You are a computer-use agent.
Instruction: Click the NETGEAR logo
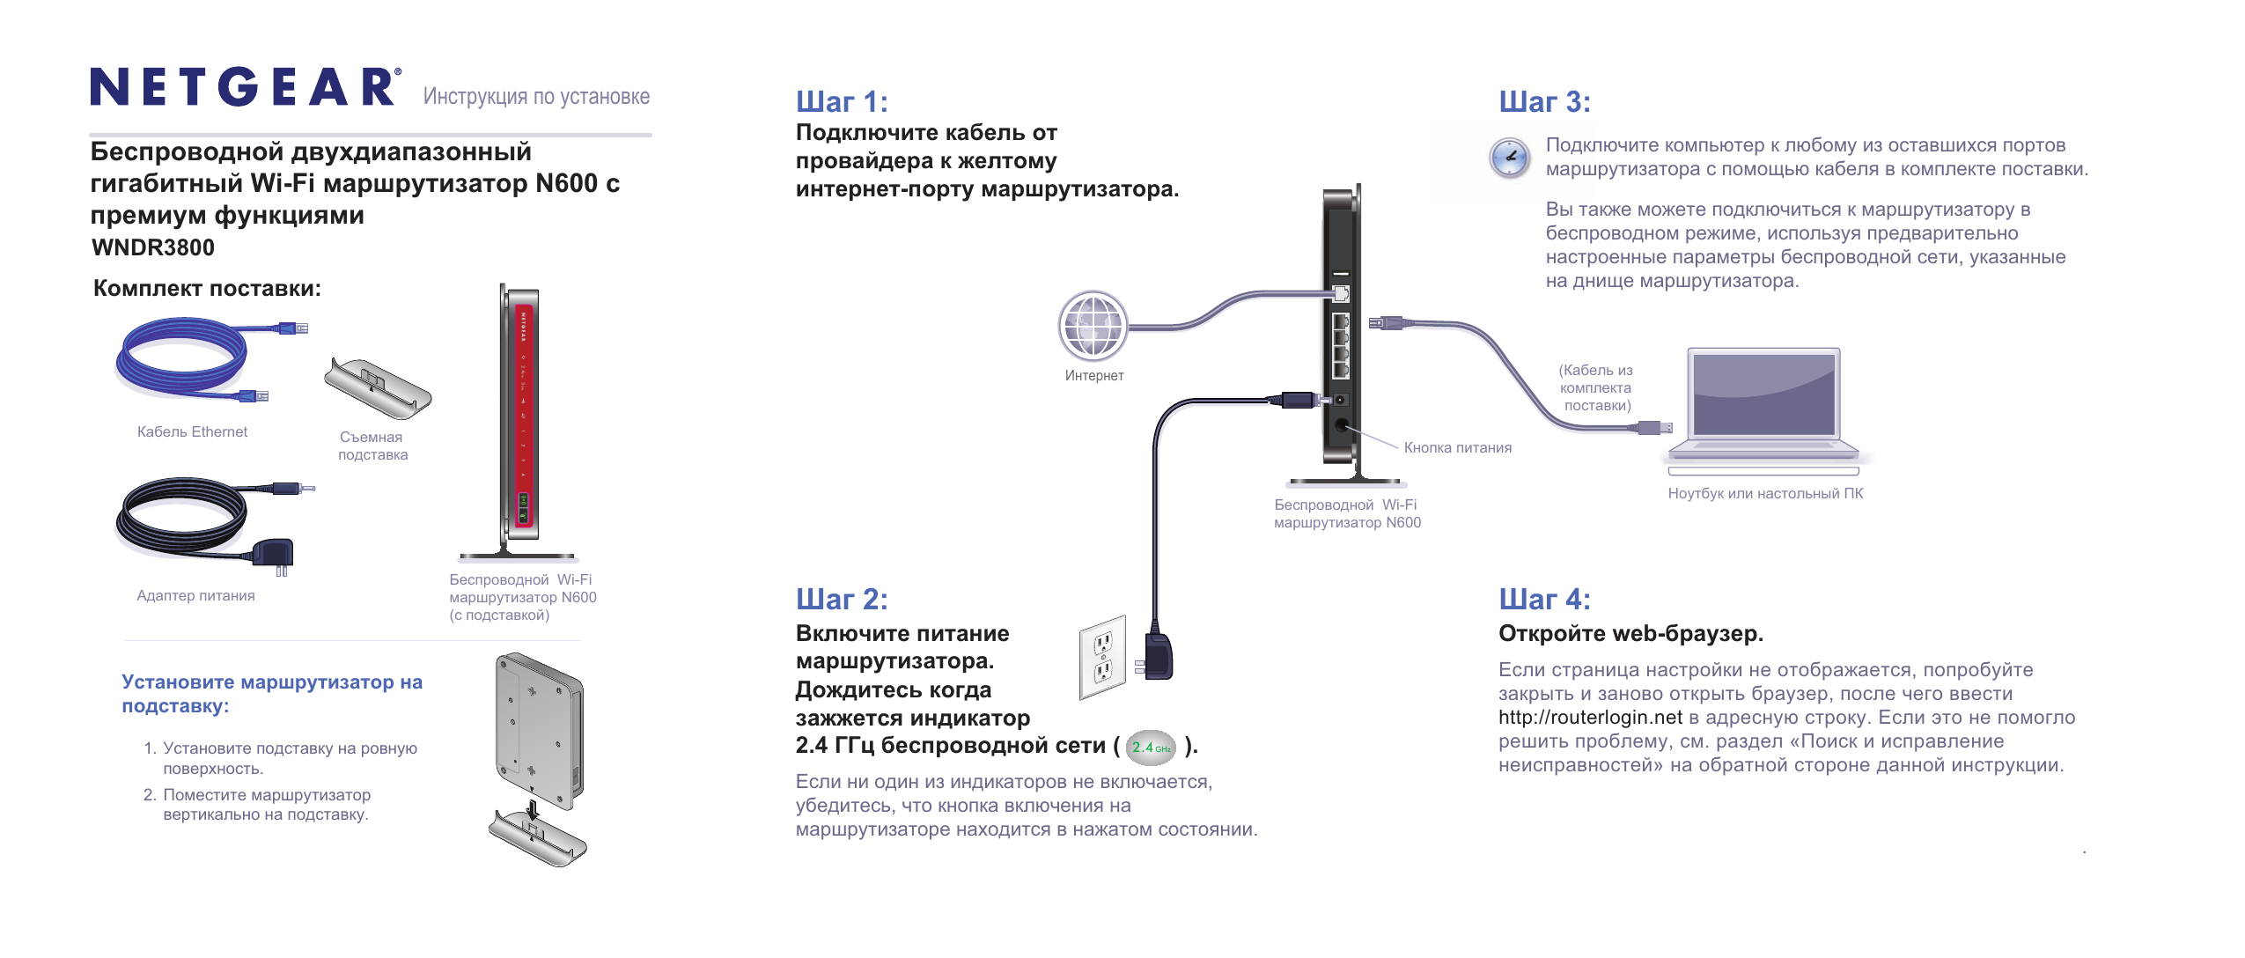click(245, 87)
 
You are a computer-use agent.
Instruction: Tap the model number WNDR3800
click(153, 247)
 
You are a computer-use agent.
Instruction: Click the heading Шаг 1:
click(842, 102)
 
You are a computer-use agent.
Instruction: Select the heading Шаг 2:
click(842, 600)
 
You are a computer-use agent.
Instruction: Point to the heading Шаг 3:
click(1544, 102)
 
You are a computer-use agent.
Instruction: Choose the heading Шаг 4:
click(1544, 600)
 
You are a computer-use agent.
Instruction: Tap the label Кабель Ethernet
click(192, 432)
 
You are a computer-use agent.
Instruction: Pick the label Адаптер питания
click(195, 596)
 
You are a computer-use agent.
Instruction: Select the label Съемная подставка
click(373, 446)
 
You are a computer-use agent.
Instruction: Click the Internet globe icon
click(1093, 326)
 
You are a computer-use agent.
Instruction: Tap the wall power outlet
click(1103, 657)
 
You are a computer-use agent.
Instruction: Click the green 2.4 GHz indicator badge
click(1151, 748)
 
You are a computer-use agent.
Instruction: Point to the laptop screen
click(1763, 394)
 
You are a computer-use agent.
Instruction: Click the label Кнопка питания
click(1457, 448)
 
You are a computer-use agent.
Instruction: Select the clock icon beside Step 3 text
click(1509, 158)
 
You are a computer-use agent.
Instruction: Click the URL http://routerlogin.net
click(1590, 718)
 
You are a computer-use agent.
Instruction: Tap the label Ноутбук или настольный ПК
click(1765, 494)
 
